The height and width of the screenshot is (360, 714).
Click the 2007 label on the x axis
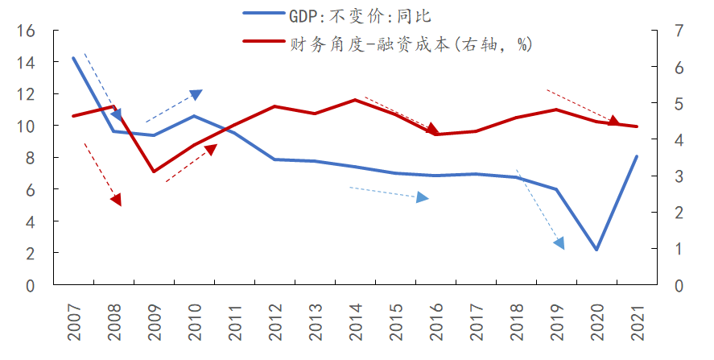[x=73, y=318]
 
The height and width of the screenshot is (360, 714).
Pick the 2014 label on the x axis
[x=355, y=318]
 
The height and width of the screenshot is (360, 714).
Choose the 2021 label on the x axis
[x=637, y=318]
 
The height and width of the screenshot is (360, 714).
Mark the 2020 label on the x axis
[x=596, y=318]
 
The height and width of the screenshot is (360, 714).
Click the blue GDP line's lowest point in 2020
[x=596, y=250]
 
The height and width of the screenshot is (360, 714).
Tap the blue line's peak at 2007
[x=73, y=58]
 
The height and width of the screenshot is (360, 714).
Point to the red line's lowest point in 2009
[x=154, y=172]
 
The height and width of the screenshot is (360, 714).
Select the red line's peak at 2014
[x=355, y=100]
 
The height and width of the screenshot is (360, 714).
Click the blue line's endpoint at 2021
[x=637, y=156]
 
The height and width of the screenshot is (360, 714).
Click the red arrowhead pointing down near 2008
[x=117, y=199]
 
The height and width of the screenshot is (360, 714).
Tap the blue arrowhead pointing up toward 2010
[x=196, y=95]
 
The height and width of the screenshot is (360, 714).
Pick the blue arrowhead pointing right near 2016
[x=423, y=197]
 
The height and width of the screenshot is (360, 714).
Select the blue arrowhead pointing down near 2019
[x=559, y=242]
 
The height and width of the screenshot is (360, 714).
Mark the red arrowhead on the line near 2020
[x=613, y=122]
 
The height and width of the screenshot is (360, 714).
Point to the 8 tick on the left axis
[x=30, y=158]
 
